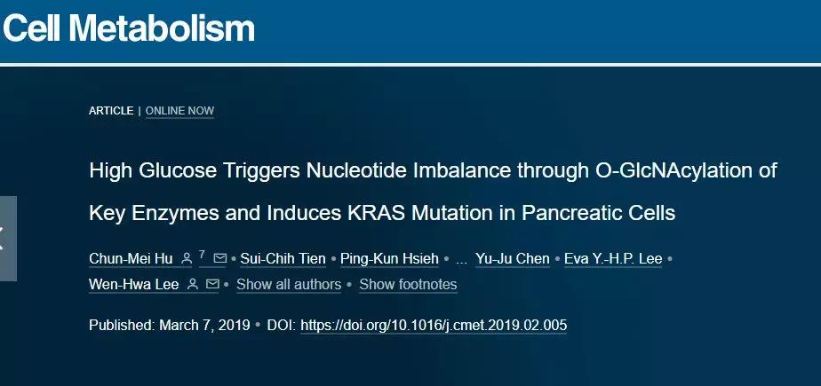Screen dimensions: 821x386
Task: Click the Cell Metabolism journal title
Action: (x=129, y=28)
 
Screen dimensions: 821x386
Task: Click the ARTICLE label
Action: (x=111, y=111)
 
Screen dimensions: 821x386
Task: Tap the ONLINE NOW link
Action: (x=179, y=111)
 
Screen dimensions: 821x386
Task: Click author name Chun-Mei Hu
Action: (x=131, y=259)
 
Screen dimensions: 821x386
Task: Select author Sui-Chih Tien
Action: (x=283, y=259)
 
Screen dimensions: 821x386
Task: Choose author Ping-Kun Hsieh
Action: (x=389, y=259)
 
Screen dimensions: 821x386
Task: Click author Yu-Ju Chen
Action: (x=513, y=259)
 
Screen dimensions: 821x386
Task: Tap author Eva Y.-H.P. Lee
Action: (x=613, y=259)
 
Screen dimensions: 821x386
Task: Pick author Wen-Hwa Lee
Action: (x=134, y=285)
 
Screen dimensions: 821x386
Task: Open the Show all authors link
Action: (x=289, y=285)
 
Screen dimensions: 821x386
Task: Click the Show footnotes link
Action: (x=408, y=285)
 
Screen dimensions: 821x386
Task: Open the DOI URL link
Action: (x=434, y=326)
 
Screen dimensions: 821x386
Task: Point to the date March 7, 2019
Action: (x=204, y=326)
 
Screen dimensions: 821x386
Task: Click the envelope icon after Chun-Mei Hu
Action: (x=220, y=258)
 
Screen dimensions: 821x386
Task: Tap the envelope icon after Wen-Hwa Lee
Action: (x=212, y=284)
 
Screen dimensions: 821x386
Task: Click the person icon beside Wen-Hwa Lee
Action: (x=193, y=284)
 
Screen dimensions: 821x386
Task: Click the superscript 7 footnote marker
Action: (x=202, y=254)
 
